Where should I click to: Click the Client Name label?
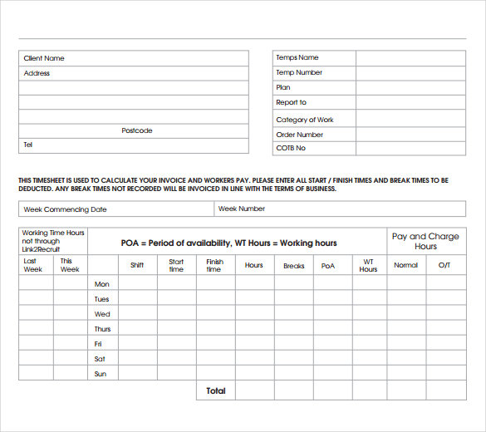44,58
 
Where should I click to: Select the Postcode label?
137,130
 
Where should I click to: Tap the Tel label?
28,145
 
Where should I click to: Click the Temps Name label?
297,58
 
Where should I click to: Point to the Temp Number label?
299,72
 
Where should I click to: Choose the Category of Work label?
305,120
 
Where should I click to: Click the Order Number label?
300,135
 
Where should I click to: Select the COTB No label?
291,148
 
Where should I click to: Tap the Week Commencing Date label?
66,209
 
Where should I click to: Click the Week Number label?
242,209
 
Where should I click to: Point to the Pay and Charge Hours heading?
425,241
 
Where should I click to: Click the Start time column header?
176,265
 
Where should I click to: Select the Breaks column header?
294,266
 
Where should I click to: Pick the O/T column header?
444,265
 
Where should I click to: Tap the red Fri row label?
98,344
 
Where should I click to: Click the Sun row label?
100,374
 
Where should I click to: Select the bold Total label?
215,390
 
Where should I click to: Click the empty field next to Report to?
410,103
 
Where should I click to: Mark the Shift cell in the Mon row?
137,284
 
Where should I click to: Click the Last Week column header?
32,265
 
